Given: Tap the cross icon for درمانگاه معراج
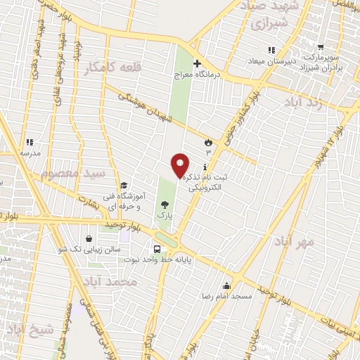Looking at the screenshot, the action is [197, 63].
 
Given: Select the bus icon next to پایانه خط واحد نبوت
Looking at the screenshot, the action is [157, 247].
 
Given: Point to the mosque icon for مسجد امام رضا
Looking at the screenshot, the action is [226, 285].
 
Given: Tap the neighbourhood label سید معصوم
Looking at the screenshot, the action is [74, 174].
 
